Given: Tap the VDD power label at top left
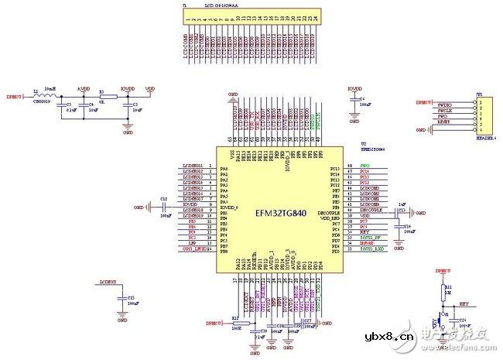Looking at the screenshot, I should (149, 89).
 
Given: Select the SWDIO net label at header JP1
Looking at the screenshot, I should (444, 102).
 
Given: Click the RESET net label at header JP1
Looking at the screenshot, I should (443, 122).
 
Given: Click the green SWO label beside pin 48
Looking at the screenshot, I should (365, 166).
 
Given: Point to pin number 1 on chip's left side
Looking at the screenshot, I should (210, 166).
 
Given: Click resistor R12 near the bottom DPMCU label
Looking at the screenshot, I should (235, 321).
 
